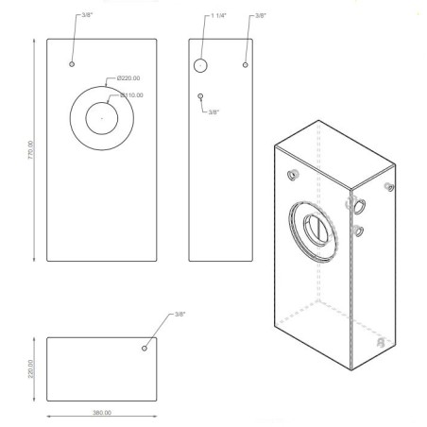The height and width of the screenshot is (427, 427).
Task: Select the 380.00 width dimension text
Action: [x=101, y=413]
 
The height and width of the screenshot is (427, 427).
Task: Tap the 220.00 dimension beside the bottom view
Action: [x=30, y=367]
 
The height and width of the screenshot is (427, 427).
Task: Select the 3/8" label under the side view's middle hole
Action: [x=213, y=112]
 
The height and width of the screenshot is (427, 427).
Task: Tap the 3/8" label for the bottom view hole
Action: [x=180, y=314]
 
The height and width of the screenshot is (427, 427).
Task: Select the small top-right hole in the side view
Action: [x=245, y=64]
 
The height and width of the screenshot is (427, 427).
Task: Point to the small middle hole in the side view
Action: [x=201, y=95]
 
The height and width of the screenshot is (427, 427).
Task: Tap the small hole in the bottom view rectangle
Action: [x=145, y=348]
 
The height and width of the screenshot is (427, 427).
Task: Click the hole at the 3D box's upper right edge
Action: [x=388, y=187]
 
